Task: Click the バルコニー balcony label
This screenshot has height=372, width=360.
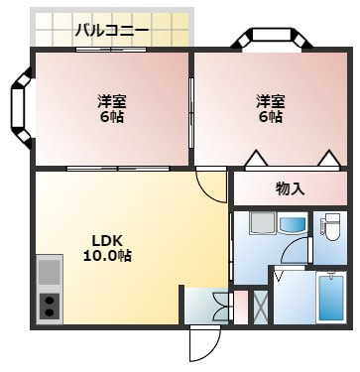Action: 112,30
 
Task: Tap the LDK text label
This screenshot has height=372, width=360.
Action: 107,239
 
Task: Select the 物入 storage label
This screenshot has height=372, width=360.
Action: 290,188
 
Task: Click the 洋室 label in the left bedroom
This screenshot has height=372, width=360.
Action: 111,101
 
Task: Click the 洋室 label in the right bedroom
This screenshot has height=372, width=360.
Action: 270,101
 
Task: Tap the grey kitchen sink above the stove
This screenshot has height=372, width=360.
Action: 50,271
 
